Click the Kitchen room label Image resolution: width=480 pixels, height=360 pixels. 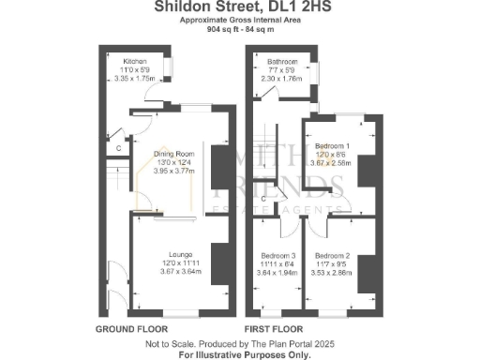134,60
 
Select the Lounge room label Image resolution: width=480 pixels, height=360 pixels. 181,254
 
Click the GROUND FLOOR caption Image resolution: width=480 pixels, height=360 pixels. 132,330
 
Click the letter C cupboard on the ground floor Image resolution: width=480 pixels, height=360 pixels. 119,147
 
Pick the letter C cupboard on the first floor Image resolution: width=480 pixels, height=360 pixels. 264,199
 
